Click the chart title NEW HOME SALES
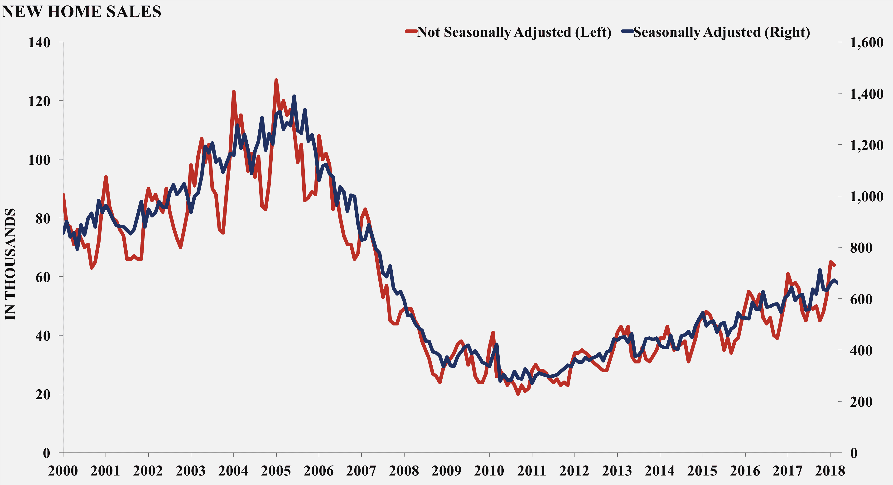82,12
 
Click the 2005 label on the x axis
276,471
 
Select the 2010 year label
489,471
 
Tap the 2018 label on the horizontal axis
830,471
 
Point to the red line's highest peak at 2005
276,80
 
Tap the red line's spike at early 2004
234,92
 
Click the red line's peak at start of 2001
106,177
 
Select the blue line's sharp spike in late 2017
820,270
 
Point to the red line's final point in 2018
835,265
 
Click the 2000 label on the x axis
63,471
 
